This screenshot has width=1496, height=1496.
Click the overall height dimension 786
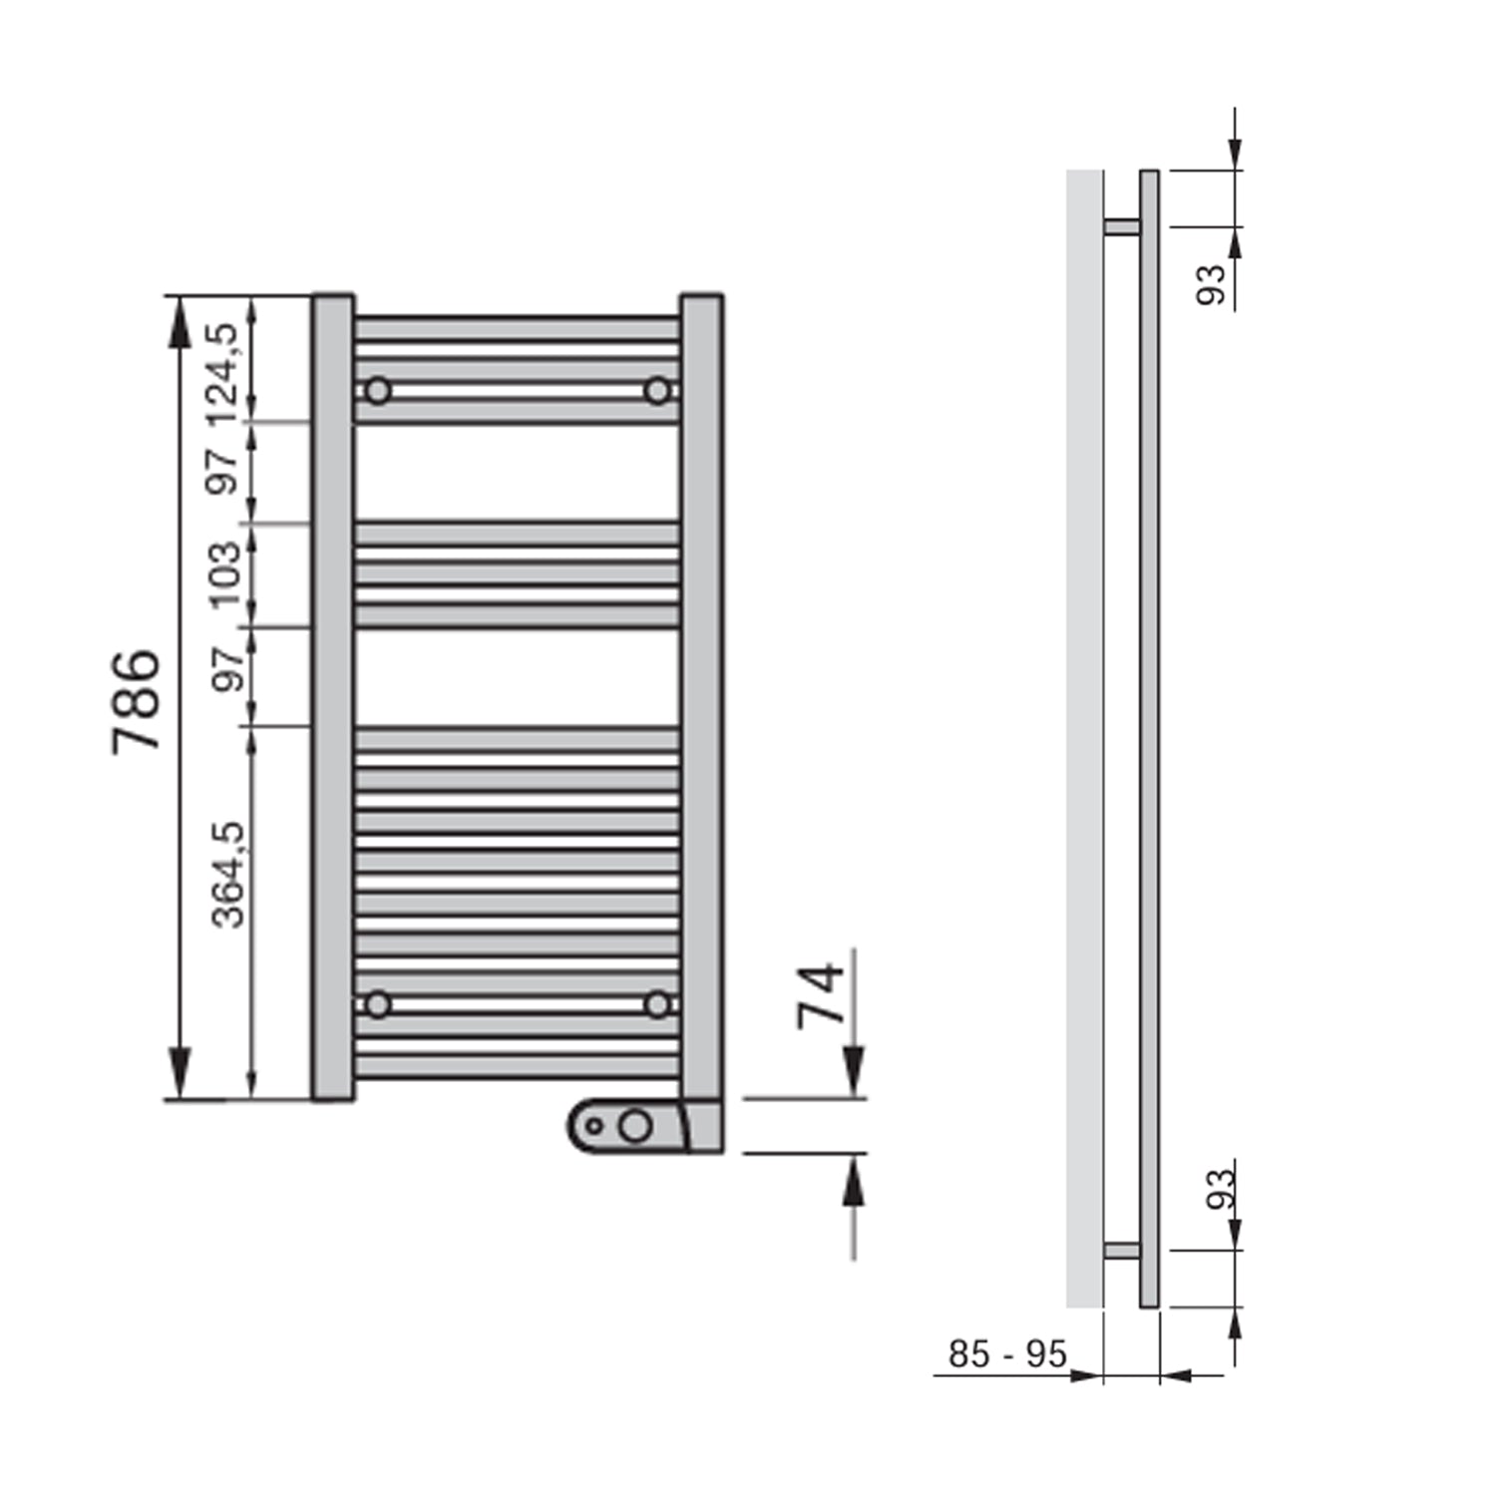[x=136, y=701]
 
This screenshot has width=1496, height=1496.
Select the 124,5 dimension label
[x=223, y=371]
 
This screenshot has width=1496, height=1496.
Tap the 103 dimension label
[x=225, y=574]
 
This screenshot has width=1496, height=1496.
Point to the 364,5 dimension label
[x=228, y=875]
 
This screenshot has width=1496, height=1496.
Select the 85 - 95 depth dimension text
[x=1006, y=1354]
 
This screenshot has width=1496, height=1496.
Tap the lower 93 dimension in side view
[x=1219, y=1189]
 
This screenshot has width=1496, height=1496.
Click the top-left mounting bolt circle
[x=377, y=391]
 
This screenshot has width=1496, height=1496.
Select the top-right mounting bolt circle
[x=657, y=391]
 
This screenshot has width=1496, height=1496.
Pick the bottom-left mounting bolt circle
[x=377, y=1004]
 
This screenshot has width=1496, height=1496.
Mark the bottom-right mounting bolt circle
[x=657, y=1004]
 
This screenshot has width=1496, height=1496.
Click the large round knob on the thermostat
[x=634, y=1127]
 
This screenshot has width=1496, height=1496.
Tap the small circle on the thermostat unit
[x=594, y=1127]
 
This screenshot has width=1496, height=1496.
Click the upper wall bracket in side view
[x=1122, y=226]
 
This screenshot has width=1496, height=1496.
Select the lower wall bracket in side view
[x=1122, y=1251]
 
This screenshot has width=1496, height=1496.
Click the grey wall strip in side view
[x=1084, y=738]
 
